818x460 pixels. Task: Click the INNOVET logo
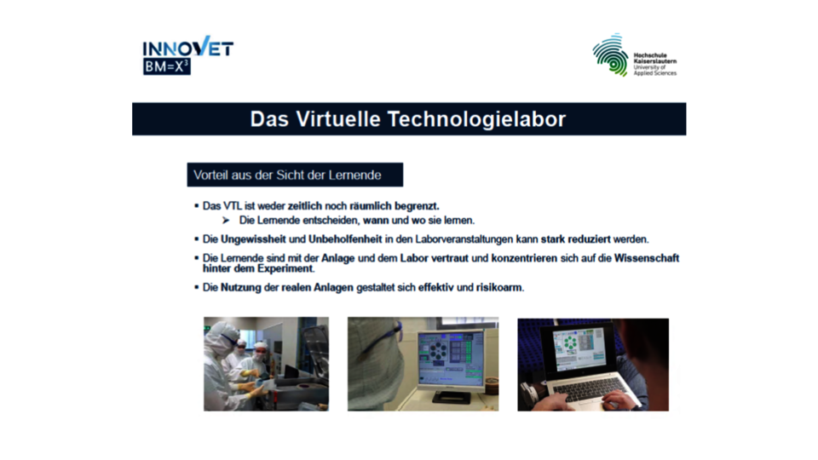187,55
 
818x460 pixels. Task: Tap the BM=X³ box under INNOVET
166,66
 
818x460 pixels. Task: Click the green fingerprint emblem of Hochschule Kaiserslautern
610,55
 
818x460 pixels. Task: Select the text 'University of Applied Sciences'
654,71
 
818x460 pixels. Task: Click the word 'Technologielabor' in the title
476,119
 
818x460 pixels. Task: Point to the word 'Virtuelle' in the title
338,119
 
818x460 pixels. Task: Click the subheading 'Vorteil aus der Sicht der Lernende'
287,175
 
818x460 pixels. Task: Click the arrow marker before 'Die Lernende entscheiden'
225,221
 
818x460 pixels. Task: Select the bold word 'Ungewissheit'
253,239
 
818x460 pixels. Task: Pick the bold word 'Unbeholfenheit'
345,239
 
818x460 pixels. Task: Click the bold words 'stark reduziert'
575,239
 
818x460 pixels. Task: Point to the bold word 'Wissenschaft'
647,258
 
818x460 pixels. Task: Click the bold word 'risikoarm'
498,287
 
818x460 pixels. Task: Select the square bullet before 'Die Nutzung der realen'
197,287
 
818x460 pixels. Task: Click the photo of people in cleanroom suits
266,364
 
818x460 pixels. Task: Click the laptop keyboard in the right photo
589,388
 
